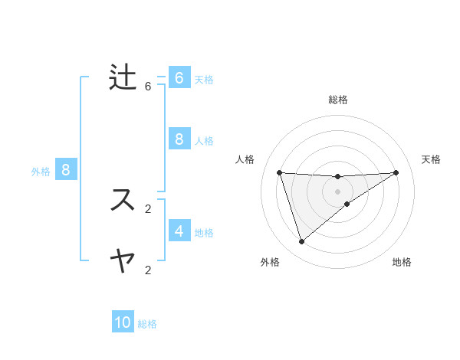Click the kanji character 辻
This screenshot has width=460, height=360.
pos(123,77)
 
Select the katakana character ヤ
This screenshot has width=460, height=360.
pos(123,261)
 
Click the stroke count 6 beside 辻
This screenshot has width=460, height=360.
pos(148,87)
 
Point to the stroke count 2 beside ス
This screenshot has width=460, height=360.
pos(148,208)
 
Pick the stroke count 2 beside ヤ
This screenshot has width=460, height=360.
pos(148,270)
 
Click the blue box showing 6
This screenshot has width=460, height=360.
pos(179,78)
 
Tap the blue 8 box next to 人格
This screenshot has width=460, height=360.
pos(179,139)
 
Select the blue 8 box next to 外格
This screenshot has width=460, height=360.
pos(66,170)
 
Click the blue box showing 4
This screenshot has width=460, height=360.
pos(179,231)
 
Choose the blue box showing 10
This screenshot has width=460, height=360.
pos(123,322)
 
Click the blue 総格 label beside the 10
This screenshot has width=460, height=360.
pos(147,324)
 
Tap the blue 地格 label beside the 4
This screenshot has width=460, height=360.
pos(204,233)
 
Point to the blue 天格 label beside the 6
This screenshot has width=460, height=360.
pos(204,80)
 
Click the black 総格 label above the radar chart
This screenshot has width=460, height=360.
pos(337,100)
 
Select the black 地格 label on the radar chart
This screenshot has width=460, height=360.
pos(402,263)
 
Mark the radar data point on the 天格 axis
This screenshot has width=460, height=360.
pos(396,172)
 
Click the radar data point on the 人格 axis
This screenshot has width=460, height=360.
pos(279,172)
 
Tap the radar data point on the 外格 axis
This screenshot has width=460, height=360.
pos(301,241)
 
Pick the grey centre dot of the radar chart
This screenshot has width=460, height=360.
pos(337,191)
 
